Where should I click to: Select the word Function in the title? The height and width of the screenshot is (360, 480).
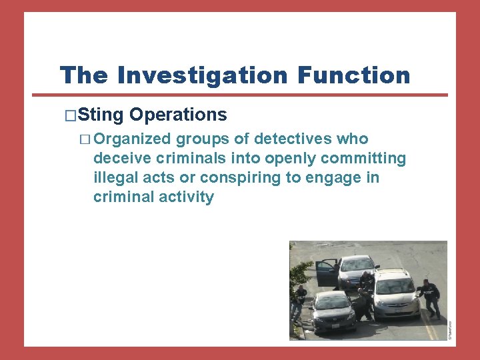(x=354, y=75)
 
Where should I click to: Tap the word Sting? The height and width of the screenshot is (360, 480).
(x=101, y=115)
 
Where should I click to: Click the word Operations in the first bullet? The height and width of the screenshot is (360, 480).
(x=178, y=115)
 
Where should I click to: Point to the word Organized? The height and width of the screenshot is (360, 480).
(x=133, y=139)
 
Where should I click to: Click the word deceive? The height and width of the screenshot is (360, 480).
(x=120, y=159)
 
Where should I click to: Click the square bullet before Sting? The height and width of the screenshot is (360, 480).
(x=71, y=115)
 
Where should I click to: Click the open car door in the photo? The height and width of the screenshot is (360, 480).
(x=327, y=272)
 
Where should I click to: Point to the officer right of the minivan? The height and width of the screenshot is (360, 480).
(x=429, y=296)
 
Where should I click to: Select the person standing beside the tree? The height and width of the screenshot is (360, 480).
(x=299, y=303)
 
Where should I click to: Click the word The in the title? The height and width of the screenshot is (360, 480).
(x=83, y=75)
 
